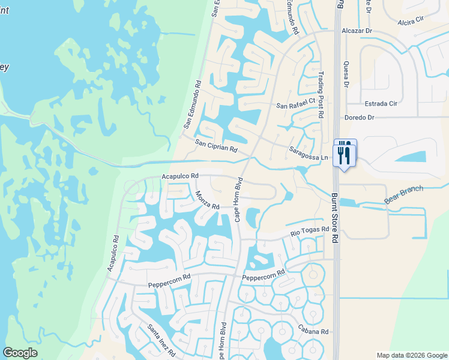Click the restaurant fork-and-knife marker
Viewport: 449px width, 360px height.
coord(345,154)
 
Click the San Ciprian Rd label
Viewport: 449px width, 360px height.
coord(216,146)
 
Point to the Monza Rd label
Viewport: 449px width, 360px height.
coord(208,199)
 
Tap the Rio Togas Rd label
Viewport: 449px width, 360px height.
coord(310,230)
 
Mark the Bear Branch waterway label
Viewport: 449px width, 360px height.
coord(404,194)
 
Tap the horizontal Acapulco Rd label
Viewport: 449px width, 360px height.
coord(180,176)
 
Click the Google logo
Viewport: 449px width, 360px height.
coord(20,353)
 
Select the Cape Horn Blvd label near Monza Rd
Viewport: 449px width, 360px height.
coord(239,199)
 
